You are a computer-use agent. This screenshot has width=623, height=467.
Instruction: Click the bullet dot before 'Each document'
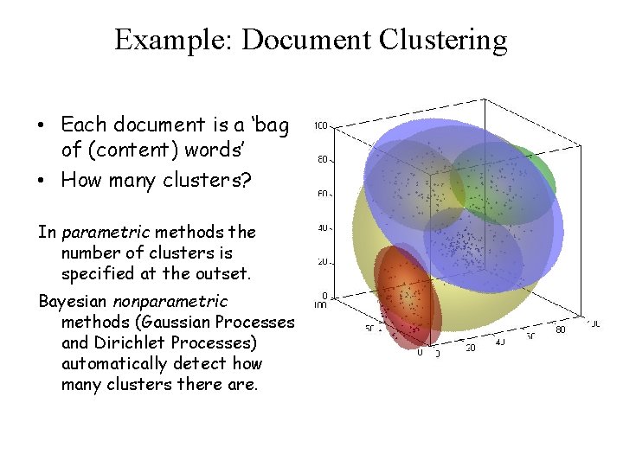[42, 126]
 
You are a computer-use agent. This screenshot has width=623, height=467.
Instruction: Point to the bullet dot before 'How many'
[42, 182]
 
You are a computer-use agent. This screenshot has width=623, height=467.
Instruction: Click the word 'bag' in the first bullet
[272, 126]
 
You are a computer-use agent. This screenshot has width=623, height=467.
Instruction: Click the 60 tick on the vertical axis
[321, 195]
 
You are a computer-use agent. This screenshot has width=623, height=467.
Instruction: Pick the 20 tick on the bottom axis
[471, 348]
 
